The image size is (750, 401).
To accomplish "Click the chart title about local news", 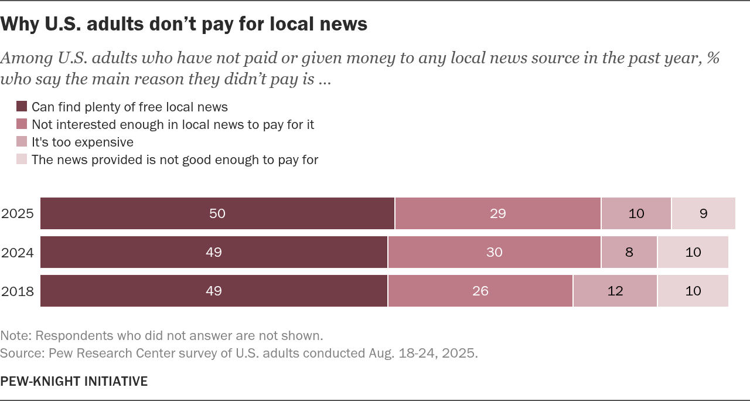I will tap(184, 24).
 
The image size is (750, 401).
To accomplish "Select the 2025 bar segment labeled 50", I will tap(217, 213).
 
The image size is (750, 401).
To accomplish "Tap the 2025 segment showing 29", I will tap(497, 213).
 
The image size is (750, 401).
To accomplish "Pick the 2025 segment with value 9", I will tap(703, 213).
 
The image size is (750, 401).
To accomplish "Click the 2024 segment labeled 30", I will tap(494, 252).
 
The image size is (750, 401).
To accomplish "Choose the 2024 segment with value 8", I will tap(629, 252).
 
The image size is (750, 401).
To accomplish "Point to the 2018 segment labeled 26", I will tap(480, 291).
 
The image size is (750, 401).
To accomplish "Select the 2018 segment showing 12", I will tap(615, 291).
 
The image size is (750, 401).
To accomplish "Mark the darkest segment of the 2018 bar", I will tap(214, 291).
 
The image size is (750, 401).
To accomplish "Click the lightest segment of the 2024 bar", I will tap(693, 252).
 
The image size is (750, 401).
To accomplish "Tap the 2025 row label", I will tap(18, 214).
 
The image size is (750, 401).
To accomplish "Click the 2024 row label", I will tap(18, 253).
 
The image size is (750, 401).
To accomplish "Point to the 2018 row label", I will tap(18, 291).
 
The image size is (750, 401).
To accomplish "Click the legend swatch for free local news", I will tap(22, 107).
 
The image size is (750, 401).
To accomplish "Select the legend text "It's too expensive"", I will tap(82, 142).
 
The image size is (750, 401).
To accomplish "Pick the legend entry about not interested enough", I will tap(173, 124).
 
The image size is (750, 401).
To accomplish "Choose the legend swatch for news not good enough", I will tap(22, 159).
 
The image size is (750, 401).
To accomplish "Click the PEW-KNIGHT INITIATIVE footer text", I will tap(74, 382).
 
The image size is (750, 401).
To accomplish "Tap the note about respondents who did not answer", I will tap(162, 336).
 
